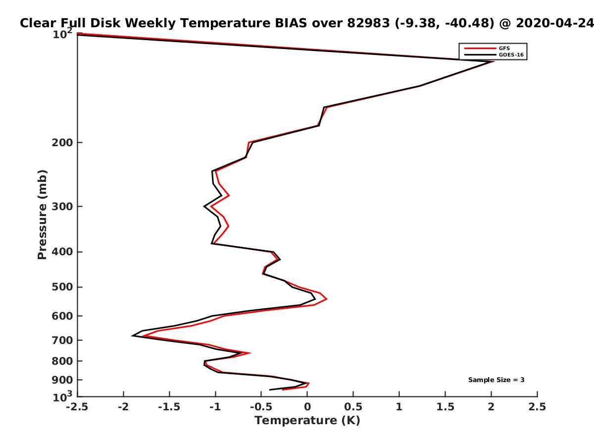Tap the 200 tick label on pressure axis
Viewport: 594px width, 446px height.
coord(62,142)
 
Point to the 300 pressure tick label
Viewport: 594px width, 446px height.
coord(62,206)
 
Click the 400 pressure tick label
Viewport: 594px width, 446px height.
coord(62,252)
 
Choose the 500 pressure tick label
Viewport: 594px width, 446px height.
coord(62,287)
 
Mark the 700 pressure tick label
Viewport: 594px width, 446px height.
coord(62,340)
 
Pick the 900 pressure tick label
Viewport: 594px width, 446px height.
coord(62,380)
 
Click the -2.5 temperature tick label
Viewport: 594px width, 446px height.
coord(77,407)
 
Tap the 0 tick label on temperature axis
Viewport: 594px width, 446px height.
coord(307,407)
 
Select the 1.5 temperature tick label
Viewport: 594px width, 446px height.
coord(445,407)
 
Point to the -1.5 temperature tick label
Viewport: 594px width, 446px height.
coord(169,407)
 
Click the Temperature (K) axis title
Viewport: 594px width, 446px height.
coord(307,421)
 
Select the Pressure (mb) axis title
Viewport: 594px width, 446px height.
coord(42,215)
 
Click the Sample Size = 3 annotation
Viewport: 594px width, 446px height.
coord(496,380)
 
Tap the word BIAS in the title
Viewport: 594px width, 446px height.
coord(291,23)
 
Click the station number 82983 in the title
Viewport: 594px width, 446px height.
coord(368,23)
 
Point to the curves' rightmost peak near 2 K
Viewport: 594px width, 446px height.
coord(493,61)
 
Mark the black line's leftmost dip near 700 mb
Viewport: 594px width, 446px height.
coord(132,336)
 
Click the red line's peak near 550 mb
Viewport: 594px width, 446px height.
coord(327,299)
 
